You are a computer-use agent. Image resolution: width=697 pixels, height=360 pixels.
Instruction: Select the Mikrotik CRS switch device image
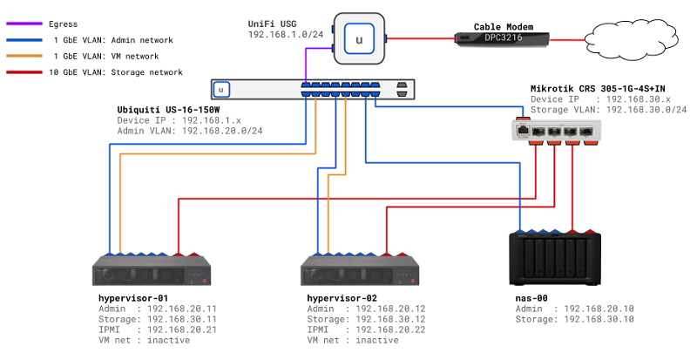tap(556, 131)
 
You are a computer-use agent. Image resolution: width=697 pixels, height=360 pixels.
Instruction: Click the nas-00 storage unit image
tap(555, 259)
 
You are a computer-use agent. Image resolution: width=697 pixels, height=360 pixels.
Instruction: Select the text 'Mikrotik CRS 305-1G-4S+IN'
tap(600, 90)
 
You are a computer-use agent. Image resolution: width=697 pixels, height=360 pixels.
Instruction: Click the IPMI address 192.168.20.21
tap(181, 329)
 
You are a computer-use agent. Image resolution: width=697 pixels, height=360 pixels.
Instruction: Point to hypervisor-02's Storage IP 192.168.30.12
tap(389, 319)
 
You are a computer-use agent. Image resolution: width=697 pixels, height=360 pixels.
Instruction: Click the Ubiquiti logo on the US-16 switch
tap(223, 89)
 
